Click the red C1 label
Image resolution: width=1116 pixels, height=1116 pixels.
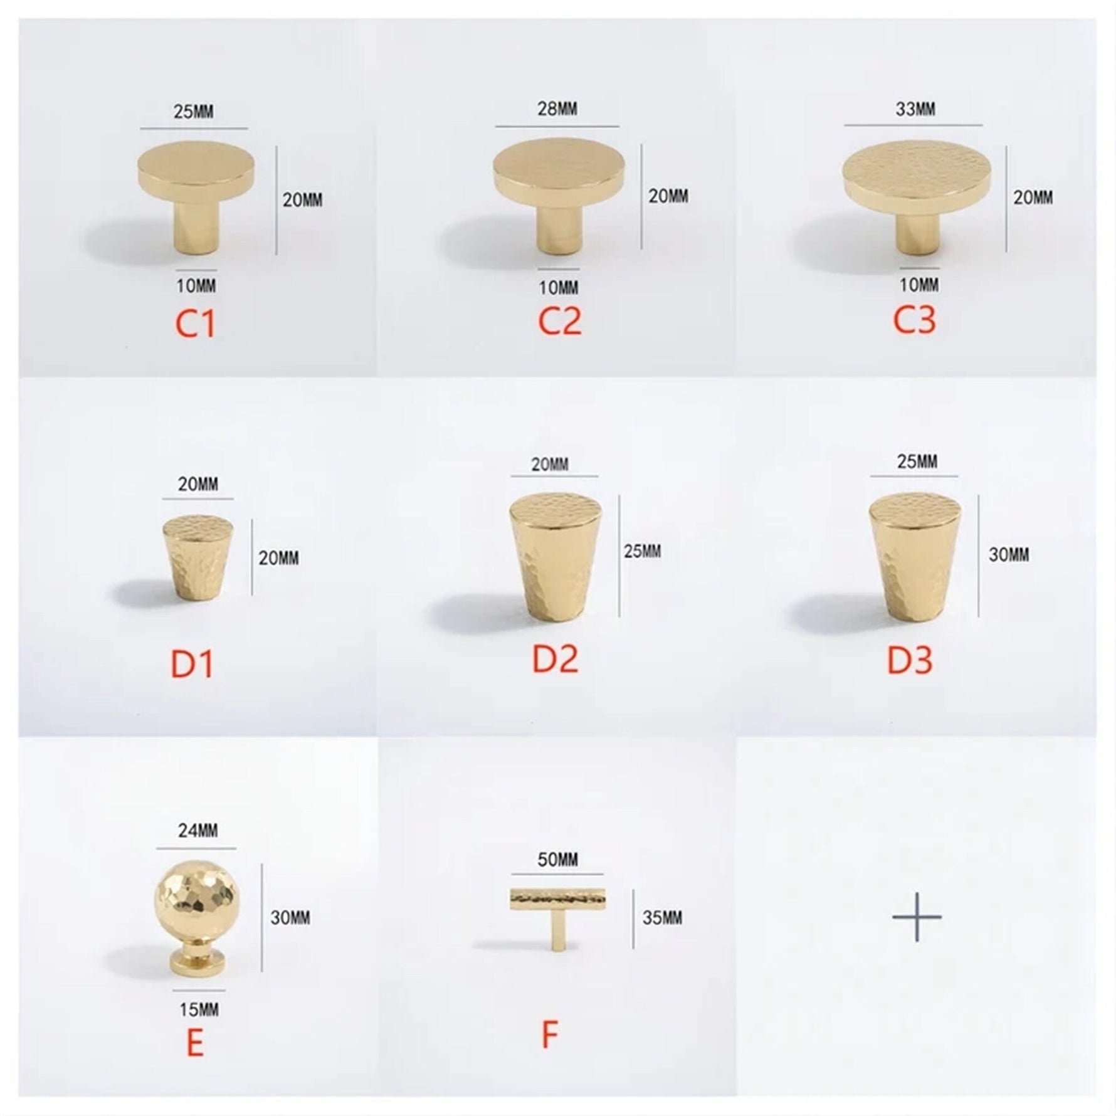[x=195, y=323]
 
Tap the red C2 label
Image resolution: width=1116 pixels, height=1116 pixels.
[x=560, y=321]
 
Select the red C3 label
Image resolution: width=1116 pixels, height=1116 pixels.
[x=915, y=319]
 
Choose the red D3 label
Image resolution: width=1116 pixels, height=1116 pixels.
[x=910, y=660]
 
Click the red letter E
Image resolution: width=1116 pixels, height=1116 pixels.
[x=195, y=1044]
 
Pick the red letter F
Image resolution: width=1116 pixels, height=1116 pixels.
[x=550, y=1036]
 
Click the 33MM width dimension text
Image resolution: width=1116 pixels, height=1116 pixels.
[x=915, y=109]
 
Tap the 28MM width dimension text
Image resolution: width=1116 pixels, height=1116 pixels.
[x=557, y=108]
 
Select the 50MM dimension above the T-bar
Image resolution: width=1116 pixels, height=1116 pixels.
[x=557, y=860]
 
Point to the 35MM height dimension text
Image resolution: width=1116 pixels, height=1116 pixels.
[x=663, y=918]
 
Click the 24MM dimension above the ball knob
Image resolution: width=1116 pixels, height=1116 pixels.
[x=198, y=831]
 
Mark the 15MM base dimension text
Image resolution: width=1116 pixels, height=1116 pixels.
[x=199, y=1009]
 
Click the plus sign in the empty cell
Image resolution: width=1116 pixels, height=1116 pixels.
[x=917, y=917]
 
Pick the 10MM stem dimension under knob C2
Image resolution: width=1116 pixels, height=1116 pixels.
[x=559, y=288]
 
